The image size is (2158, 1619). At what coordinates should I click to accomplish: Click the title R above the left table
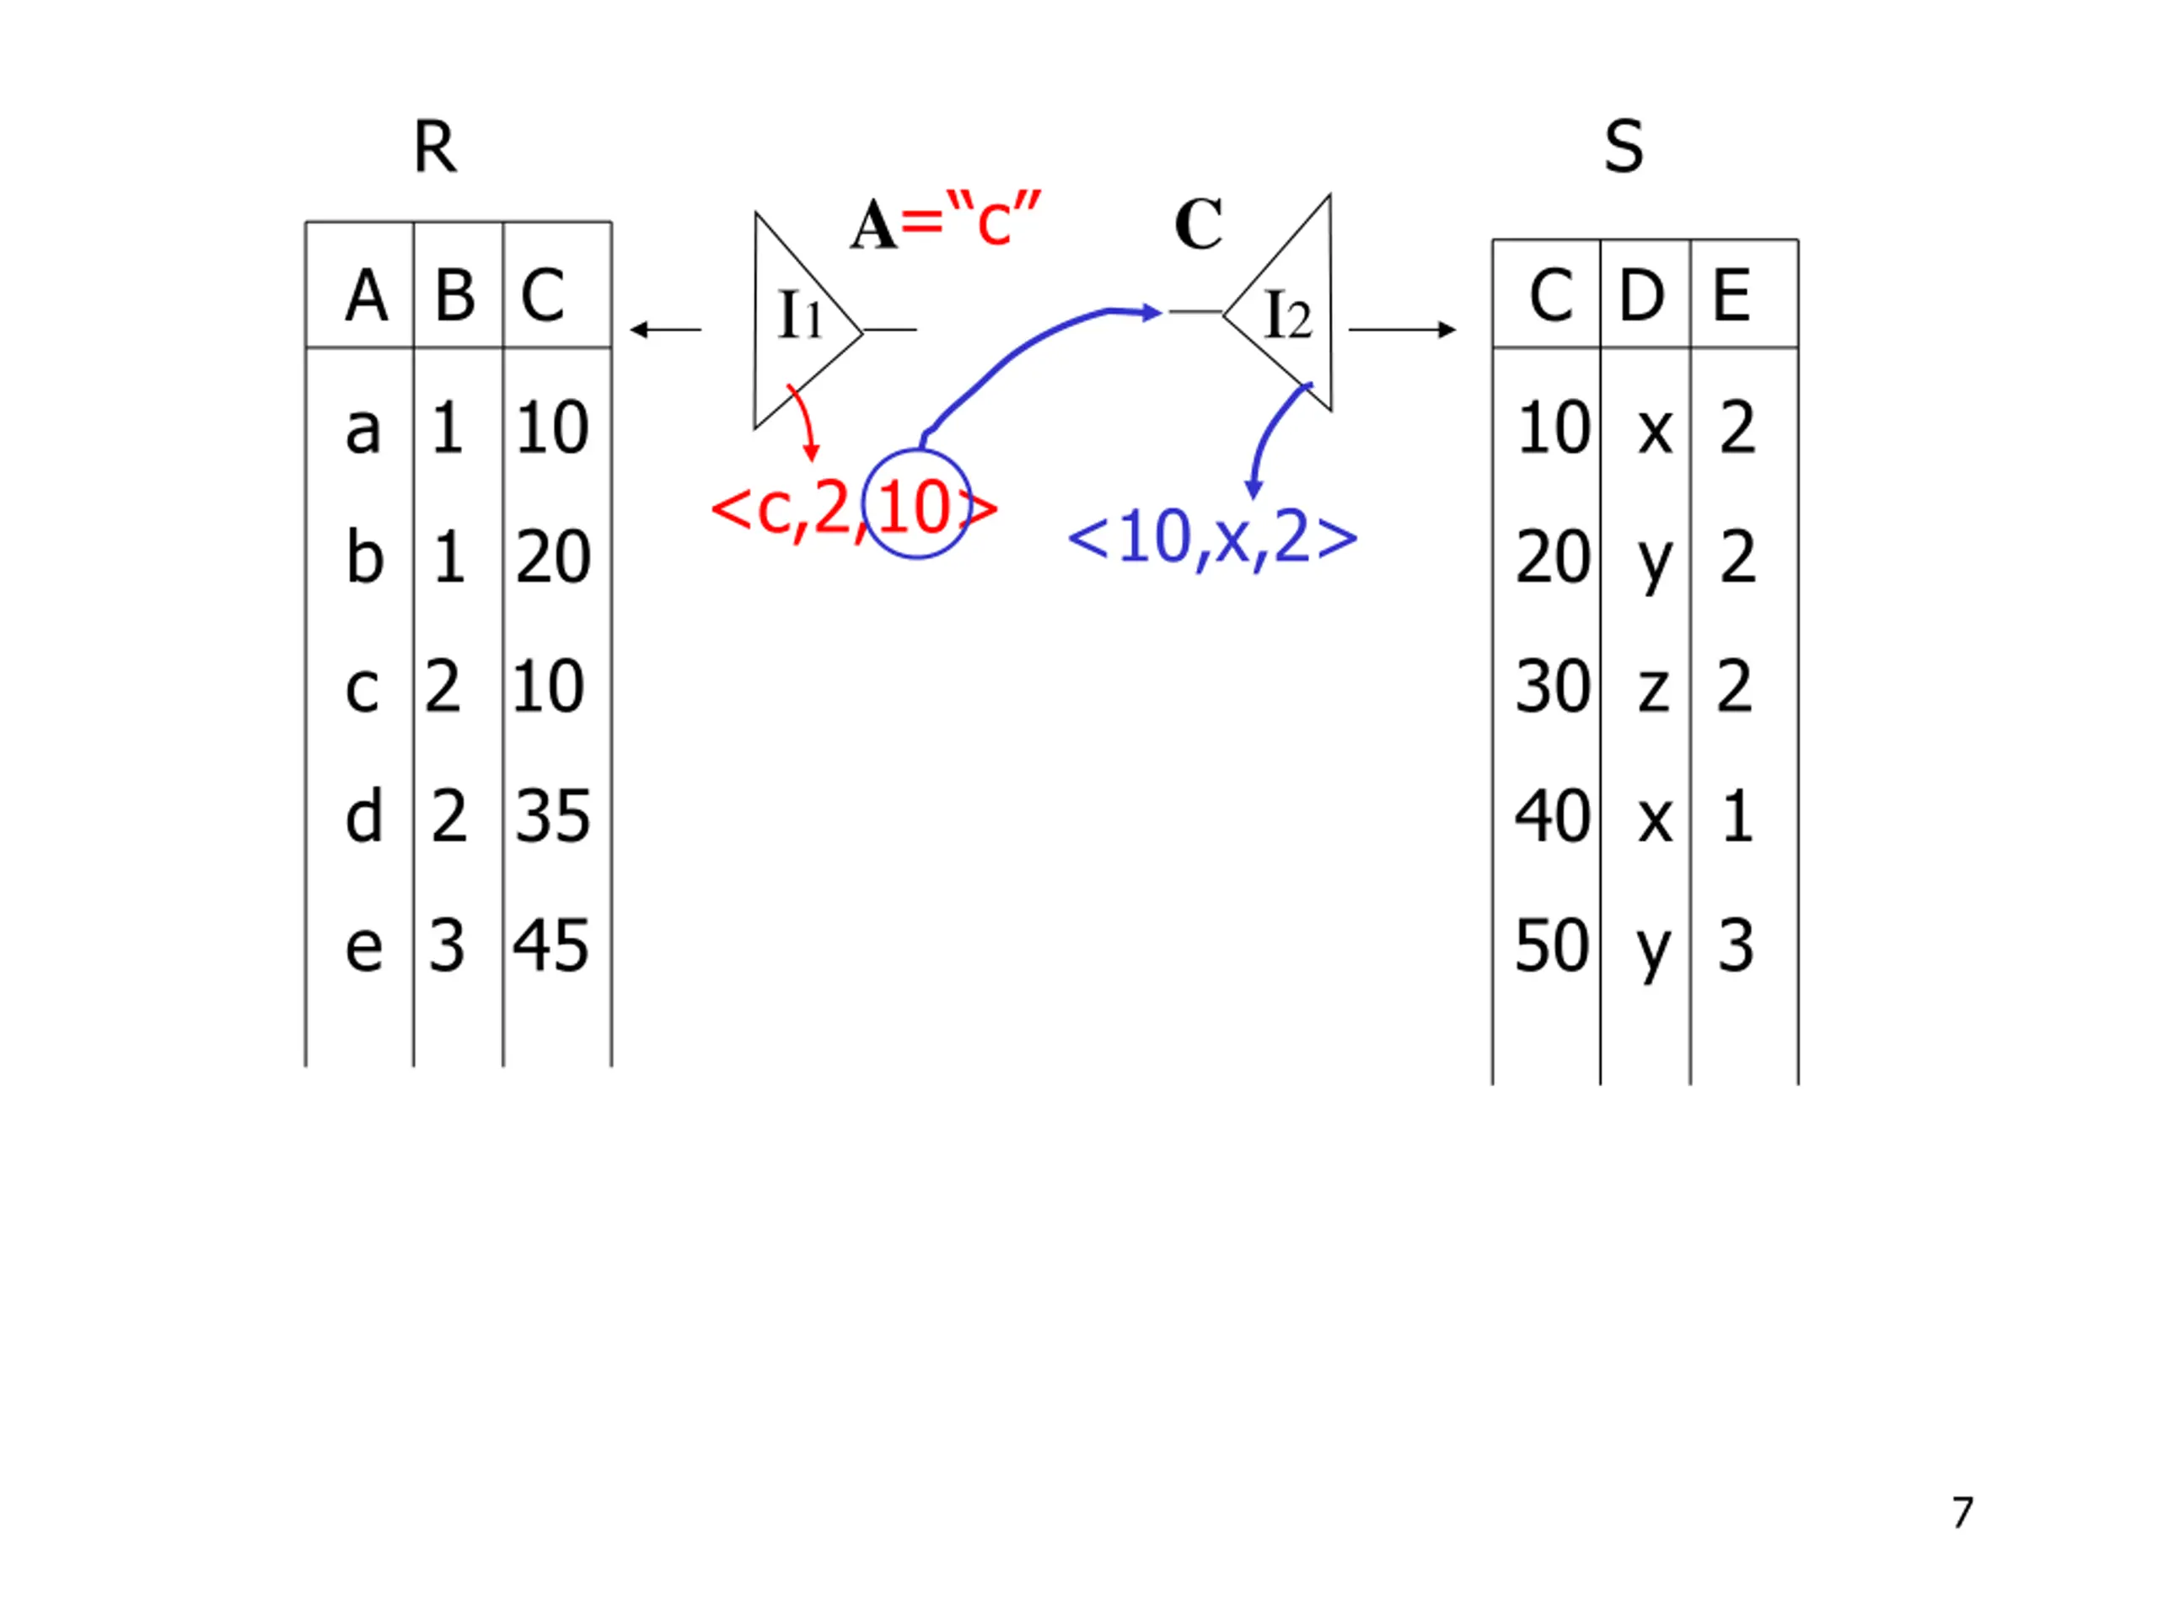tap(434, 148)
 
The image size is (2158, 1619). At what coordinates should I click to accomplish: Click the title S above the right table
tap(1624, 148)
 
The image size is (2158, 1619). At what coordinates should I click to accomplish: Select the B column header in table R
tap(454, 295)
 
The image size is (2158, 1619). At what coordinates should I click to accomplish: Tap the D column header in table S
tap(1641, 295)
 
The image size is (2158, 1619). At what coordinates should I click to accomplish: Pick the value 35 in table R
tap(552, 816)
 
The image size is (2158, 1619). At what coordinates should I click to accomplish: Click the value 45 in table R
tap(551, 945)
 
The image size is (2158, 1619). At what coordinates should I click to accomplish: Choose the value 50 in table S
tap(1551, 945)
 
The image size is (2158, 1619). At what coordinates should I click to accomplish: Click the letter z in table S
tap(1653, 687)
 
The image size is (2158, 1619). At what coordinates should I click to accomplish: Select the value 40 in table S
tap(1551, 816)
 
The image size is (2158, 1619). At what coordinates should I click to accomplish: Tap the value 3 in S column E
tap(1736, 945)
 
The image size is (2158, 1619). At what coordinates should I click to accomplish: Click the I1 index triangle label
tap(799, 315)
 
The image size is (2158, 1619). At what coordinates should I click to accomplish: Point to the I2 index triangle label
tap(1287, 315)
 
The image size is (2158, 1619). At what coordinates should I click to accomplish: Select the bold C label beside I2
tap(1198, 224)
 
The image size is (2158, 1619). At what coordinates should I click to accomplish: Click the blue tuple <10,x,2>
tap(1213, 538)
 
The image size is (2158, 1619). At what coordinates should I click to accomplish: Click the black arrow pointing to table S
tap(1402, 330)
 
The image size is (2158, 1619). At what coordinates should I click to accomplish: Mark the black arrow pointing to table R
tap(665, 330)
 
